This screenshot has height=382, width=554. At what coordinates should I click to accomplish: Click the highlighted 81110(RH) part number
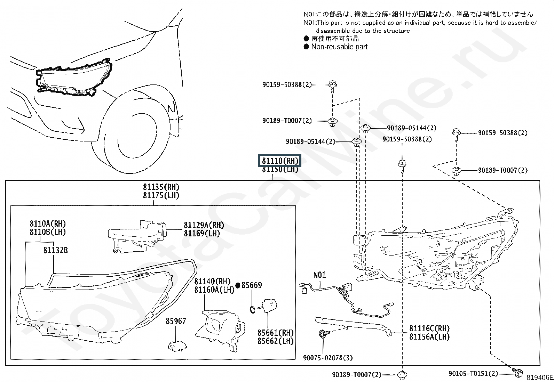pyautogui.click(x=280, y=161)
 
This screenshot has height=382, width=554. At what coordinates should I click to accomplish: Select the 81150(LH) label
pyautogui.click(x=280, y=170)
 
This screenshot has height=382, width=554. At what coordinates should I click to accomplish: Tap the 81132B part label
pyautogui.click(x=55, y=250)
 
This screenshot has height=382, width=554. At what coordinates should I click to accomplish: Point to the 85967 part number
pyautogui.click(x=176, y=321)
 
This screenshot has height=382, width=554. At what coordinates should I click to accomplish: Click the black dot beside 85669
pyautogui.click(x=238, y=285)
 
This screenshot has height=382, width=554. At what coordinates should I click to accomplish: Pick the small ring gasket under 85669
pyautogui.click(x=252, y=310)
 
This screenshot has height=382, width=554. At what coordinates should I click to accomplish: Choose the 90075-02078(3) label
pyautogui.click(x=328, y=358)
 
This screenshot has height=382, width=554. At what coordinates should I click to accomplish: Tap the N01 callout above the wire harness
pyautogui.click(x=319, y=275)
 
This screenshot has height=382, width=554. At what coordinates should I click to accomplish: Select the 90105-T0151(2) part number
pyautogui.click(x=473, y=373)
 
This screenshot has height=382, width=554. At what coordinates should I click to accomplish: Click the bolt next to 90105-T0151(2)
pyautogui.click(x=516, y=373)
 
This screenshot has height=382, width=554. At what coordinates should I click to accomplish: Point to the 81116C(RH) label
pyautogui.click(x=429, y=328)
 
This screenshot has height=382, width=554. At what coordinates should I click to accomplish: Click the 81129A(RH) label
pyautogui.click(x=204, y=225)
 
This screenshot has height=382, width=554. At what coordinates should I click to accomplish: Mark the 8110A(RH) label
pyautogui.click(x=48, y=224)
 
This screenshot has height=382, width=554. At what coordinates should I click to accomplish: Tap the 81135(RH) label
pyautogui.click(x=161, y=187)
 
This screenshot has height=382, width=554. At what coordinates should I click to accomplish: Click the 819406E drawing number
pyautogui.click(x=540, y=377)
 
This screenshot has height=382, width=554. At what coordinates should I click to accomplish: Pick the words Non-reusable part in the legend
pyautogui.click(x=339, y=47)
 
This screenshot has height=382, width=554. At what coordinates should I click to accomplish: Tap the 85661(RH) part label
pyautogui.click(x=276, y=333)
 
